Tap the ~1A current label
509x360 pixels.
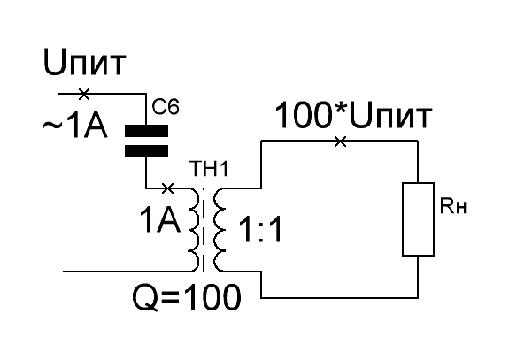tap(75, 126)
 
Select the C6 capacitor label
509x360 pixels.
tap(166, 107)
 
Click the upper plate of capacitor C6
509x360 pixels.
tap(146, 131)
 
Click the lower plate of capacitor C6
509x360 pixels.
tap(146, 150)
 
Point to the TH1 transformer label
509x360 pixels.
tap(209, 169)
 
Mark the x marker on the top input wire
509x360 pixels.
tap(84, 94)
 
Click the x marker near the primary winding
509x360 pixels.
tap(167, 188)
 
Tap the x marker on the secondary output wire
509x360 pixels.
tap(340, 142)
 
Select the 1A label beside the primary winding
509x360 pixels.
tap(159, 220)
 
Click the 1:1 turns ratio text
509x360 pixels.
tap(260, 230)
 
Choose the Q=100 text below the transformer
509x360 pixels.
tap(187, 298)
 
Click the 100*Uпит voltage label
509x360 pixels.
tap(353, 115)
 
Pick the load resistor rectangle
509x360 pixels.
tap(418, 219)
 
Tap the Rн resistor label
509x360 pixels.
tap(453, 205)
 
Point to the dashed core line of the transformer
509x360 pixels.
tap(204, 230)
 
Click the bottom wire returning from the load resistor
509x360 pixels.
tap(340, 297)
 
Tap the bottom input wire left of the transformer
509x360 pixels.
tap(127, 272)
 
